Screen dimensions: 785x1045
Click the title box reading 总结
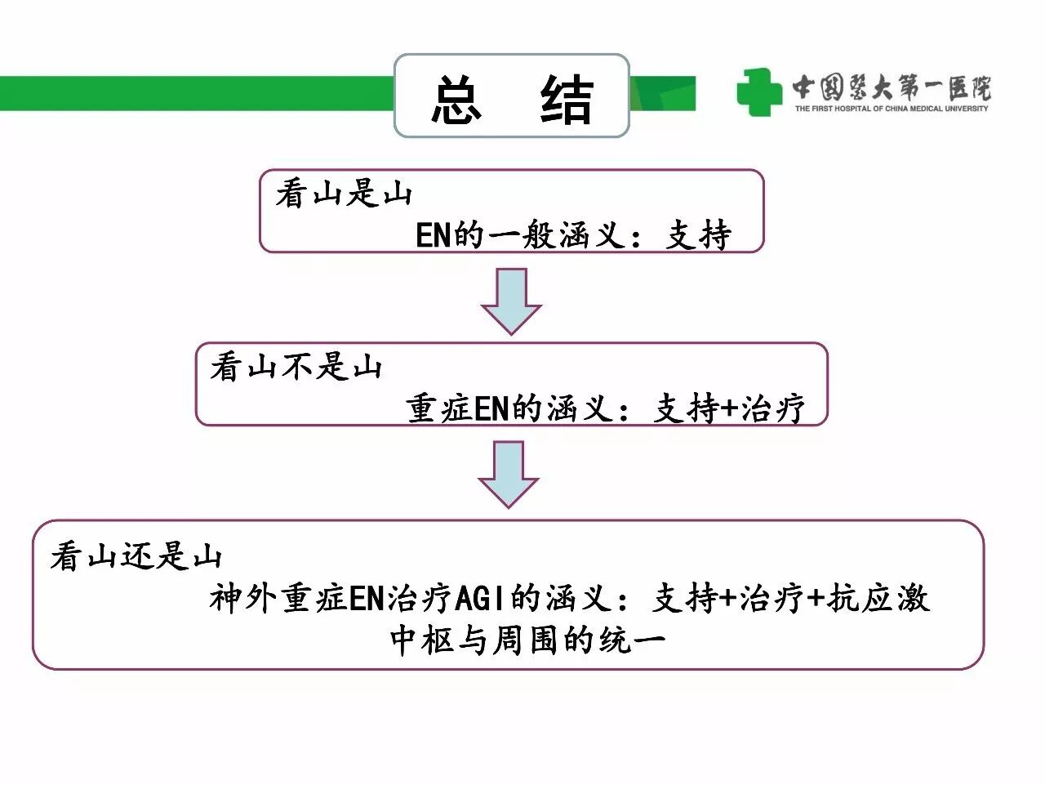(511, 96)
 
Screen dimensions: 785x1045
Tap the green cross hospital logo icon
(758, 91)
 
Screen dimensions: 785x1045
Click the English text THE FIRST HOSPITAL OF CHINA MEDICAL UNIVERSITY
(892, 109)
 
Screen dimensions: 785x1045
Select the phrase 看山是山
(343, 194)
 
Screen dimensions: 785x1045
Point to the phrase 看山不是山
(296, 367)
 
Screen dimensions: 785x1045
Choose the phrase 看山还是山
(136, 556)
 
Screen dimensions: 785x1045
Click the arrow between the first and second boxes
(511, 301)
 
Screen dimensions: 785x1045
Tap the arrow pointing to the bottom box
(508, 474)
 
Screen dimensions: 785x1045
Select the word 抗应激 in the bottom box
(878, 599)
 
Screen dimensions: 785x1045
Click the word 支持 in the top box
(699, 235)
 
